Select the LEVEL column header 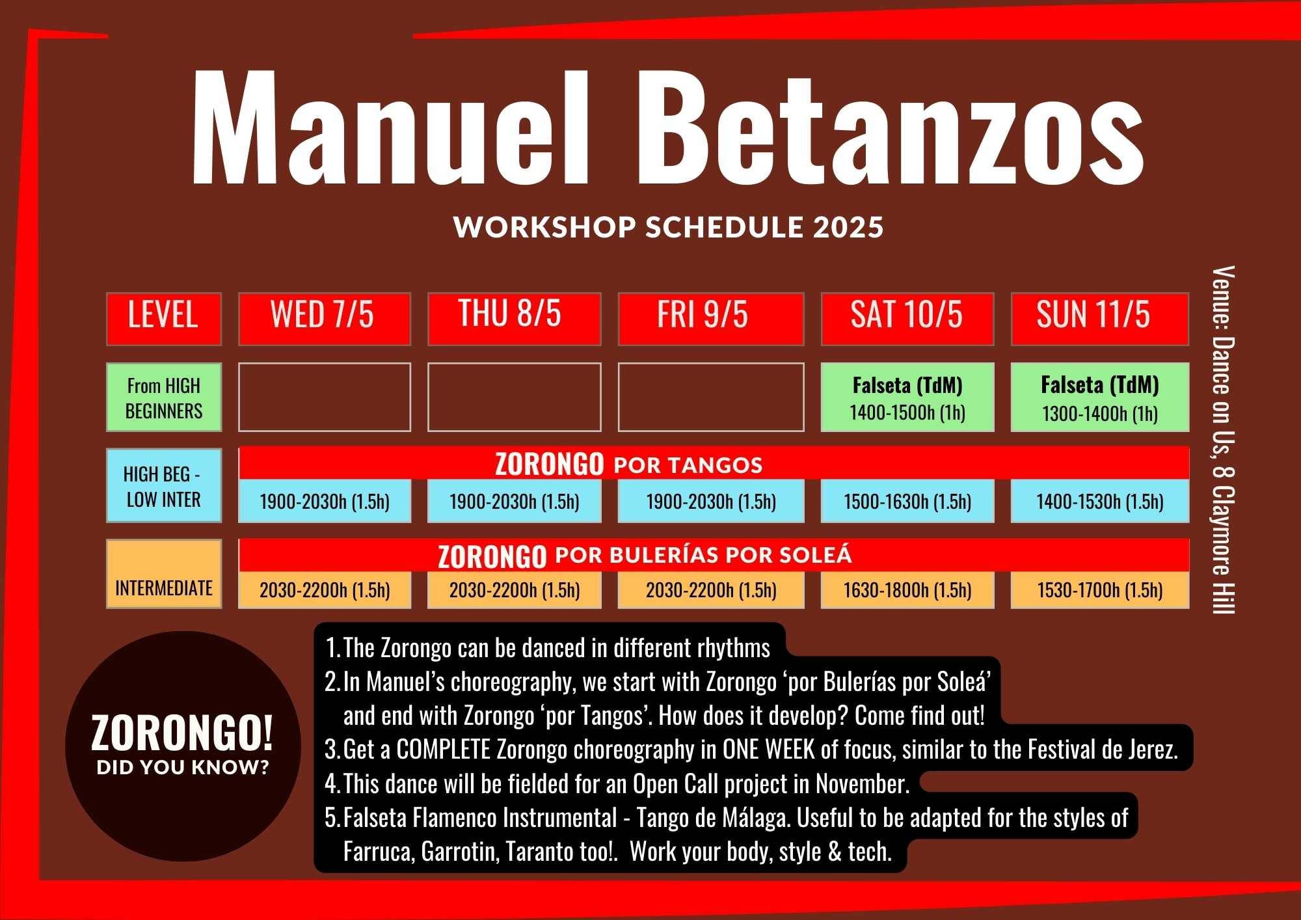[164, 319]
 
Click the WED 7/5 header [325, 319]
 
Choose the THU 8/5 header [514, 319]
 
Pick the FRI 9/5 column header [711, 319]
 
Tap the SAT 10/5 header [907, 319]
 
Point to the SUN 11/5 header [1100, 319]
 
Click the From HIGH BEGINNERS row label [164, 397]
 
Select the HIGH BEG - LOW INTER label [164, 485]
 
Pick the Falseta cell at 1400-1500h [907, 397]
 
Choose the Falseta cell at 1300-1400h [1100, 397]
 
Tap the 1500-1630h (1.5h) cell [907, 502]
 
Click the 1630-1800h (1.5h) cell [907, 590]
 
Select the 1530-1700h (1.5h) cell [1100, 590]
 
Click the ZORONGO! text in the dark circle [182, 733]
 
